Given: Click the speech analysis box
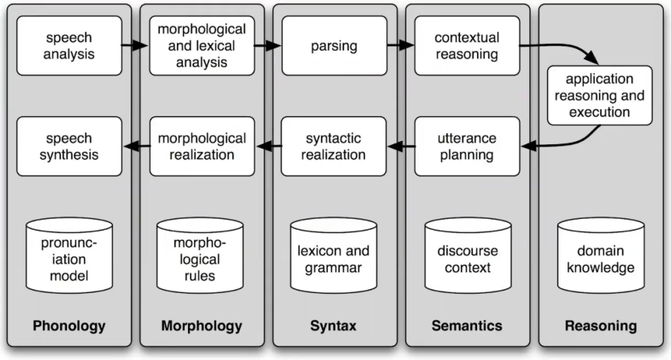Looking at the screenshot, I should pos(69,45).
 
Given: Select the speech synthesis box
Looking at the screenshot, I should pos(69,146).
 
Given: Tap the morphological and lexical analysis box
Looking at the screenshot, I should pos(202,45).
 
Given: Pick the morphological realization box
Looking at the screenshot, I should pos(202,146).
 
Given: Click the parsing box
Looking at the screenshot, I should pos(334,45).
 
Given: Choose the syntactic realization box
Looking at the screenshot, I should pos(334,146).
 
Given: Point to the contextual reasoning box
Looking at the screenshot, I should pos(467,45).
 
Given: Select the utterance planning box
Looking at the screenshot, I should pos(467,146).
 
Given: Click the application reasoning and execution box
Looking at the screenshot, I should pos(600,96).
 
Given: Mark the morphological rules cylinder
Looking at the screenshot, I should pos(197,259).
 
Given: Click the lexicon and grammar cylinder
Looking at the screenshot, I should pos(334,258).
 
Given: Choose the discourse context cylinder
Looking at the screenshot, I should pos(467,258).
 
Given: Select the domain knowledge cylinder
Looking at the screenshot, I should pos(600,258).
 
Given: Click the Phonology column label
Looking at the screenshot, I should pos(69,326).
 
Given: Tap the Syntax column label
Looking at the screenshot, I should pos(334,326).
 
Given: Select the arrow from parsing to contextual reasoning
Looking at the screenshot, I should pos(400,46).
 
